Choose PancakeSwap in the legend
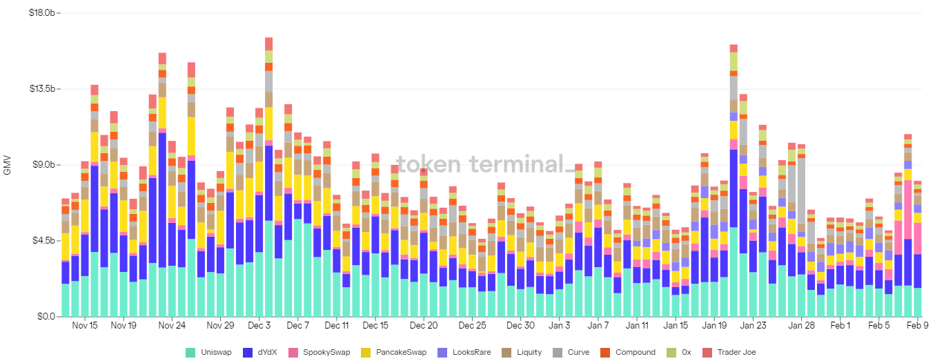click(x=396, y=352)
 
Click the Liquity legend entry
click(x=528, y=352)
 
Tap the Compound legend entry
click(x=629, y=352)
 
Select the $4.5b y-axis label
click(x=46, y=241)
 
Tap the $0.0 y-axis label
click(x=47, y=317)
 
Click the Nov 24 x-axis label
click(x=172, y=325)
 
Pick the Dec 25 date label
click(x=473, y=325)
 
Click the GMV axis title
click(x=8, y=166)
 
